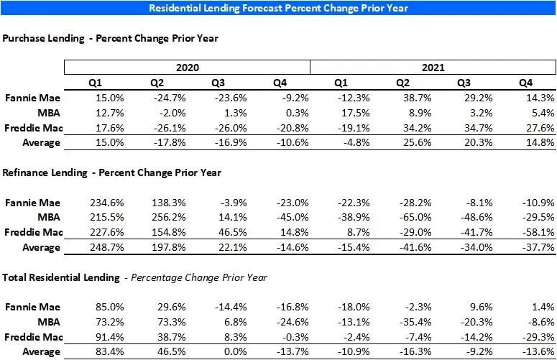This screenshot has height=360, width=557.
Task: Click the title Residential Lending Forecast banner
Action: tap(279, 9)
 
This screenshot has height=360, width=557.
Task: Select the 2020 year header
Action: tap(187, 68)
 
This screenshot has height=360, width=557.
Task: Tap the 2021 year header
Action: tap(433, 68)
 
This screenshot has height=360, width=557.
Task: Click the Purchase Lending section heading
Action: tap(111, 38)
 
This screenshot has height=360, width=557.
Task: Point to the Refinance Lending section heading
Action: tap(112, 172)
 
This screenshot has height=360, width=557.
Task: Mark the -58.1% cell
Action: tap(538, 232)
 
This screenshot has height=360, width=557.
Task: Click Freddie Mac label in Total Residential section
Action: tap(32, 337)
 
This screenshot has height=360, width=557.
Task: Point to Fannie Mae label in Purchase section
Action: tap(33, 98)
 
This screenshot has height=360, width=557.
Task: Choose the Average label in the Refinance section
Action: tap(42, 247)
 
